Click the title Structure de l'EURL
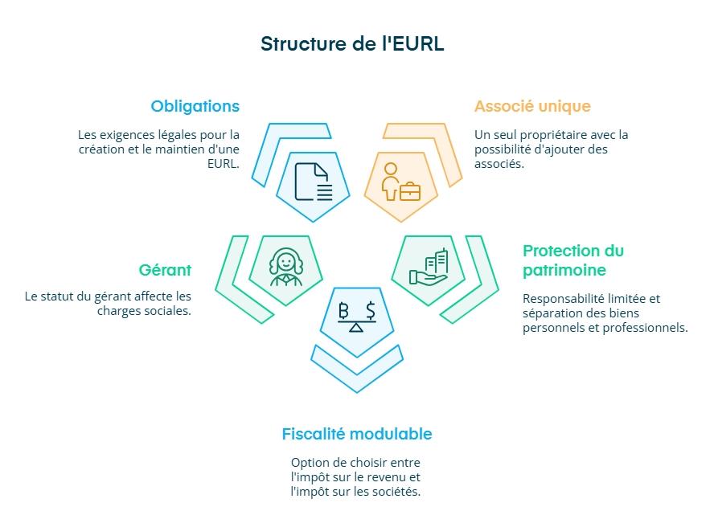click(x=352, y=43)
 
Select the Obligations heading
click(x=195, y=106)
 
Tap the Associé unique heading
click(x=532, y=106)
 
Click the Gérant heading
click(x=165, y=270)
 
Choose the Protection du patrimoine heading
click(x=572, y=260)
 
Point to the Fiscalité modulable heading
click(x=356, y=434)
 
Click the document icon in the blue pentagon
click(x=313, y=182)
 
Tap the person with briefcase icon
click(x=400, y=182)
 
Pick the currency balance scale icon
click(x=356, y=317)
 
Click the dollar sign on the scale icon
click(x=369, y=309)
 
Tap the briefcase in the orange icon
click(x=410, y=190)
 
